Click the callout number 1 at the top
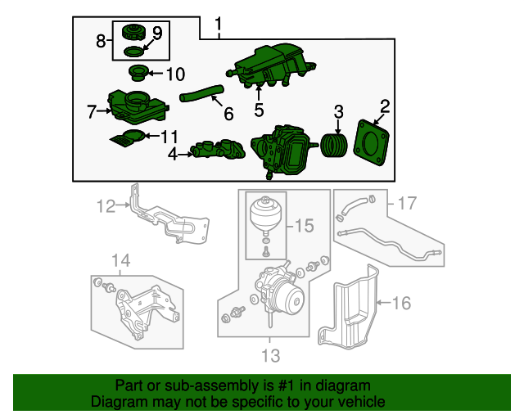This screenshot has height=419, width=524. coord(219,25)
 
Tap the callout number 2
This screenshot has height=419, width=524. coord(385,106)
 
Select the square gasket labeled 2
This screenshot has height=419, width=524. coord(371,142)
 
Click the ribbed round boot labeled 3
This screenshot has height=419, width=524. coord(334,146)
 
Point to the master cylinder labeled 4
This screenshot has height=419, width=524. coord(218,150)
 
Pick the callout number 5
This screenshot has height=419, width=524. coord(259,110)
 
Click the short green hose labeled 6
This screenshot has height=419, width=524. coord(202,93)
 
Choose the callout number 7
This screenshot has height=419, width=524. coord(92,111)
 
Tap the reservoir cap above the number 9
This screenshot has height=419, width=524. coord(133,32)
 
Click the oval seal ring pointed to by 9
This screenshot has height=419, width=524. coord(133,52)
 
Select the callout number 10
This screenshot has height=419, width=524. coord(175,74)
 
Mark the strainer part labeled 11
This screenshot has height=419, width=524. coord(128,137)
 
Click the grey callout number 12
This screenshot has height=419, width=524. coord(106,206)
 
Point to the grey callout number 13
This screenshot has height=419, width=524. coord(270,355)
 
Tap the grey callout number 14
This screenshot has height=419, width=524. coord(120,260)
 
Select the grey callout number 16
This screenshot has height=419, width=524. coord(401,303)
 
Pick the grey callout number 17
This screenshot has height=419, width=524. coord(407,203)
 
